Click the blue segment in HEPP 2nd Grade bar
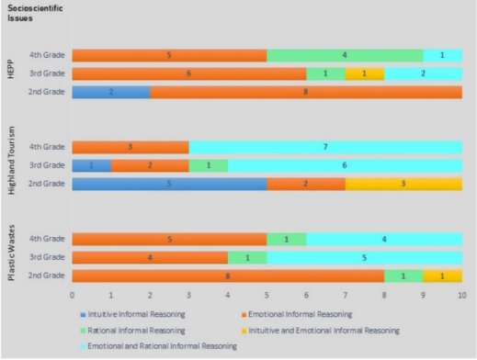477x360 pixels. (111, 92)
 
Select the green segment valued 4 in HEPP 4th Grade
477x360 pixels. (345, 55)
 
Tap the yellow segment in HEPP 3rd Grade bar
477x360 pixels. (365, 73)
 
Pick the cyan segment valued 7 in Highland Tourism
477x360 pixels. (325, 147)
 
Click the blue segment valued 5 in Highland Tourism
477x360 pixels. (169, 184)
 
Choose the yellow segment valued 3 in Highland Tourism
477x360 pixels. (403, 184)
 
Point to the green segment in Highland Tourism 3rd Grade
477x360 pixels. (209, 165)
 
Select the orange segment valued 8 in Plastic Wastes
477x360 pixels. (228, 276)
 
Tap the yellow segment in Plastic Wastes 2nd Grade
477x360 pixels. (443, 276)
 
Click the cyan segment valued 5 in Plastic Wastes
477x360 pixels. (365, 257)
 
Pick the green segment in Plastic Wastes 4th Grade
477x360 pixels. (287, 239)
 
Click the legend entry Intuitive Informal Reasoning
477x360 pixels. (132, 314)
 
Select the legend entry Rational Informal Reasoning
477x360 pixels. (132, 331)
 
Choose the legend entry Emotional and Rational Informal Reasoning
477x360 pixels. (158, 346)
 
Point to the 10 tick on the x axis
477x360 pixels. (462, 295)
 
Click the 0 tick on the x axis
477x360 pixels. (72, 295)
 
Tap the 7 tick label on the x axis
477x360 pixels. (346, 295)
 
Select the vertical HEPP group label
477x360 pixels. (11, 71)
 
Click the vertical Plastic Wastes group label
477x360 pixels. (11, 253)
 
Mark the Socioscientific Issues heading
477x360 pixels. (35, 13)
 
